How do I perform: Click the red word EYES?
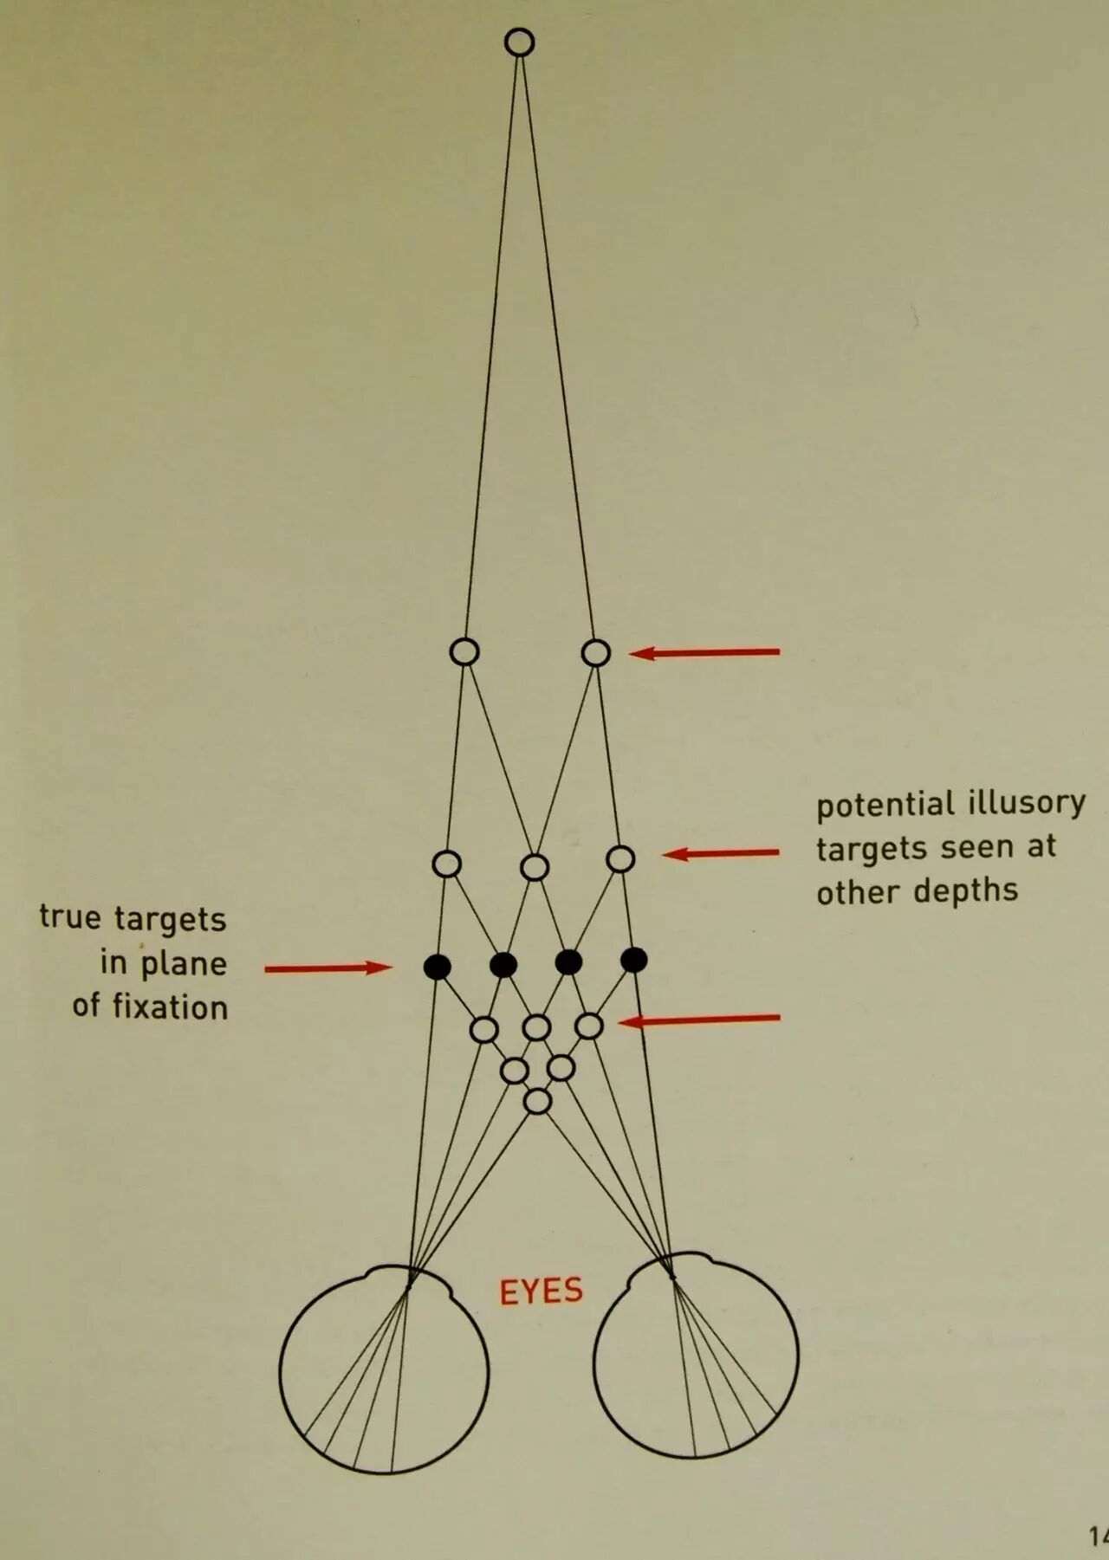pos(541,1291)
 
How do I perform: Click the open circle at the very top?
pos(520,42)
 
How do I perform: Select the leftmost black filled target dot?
pos(438,966)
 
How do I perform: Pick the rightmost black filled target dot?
pos(634,959)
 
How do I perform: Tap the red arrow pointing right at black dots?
pos(328,968)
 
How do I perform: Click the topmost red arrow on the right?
pos(704,652)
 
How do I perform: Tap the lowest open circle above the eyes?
pos(538,1101)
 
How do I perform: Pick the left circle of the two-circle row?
pos(465,651)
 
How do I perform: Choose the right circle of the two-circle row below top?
pos(596,652)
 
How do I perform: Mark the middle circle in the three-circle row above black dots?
pos(535,866)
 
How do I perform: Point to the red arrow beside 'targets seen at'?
pos(721,854)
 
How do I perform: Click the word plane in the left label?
pos(184,963)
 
